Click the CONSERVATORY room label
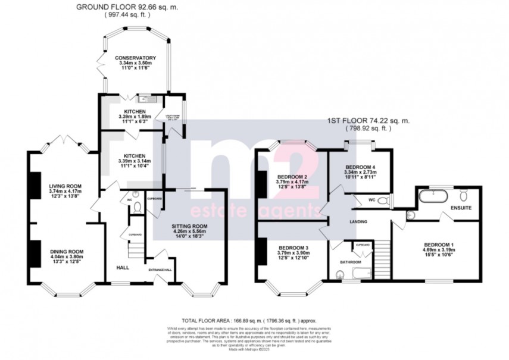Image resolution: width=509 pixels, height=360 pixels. click(135, 58)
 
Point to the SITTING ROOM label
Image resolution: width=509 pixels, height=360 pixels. click(190, 227)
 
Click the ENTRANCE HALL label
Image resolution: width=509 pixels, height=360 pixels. click(160, 270)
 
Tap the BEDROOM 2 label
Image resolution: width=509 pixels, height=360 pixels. click(292, 177)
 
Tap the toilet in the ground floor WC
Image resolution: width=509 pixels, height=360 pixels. click(139, 206)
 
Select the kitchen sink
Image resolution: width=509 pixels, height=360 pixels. click(144, 99)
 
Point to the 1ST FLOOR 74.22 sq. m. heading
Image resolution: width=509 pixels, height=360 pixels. click(377, 120)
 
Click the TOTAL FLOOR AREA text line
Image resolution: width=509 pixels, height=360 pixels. click(254, 320)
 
